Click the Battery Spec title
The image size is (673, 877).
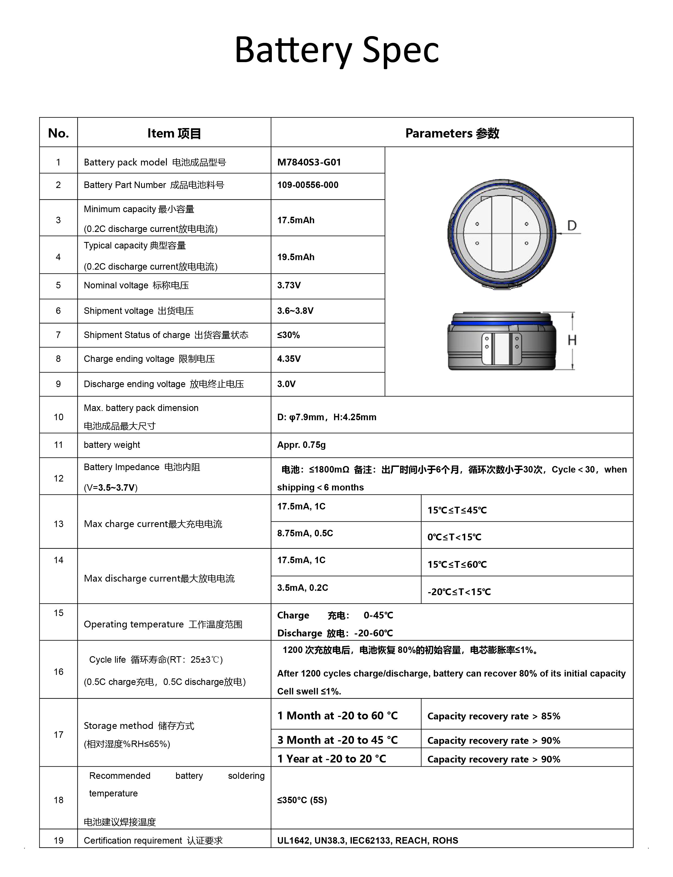point(336,50)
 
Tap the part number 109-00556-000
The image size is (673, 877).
point(308,185)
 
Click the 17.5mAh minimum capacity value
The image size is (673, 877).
point(296,220)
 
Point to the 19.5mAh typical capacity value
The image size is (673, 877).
point(296,257)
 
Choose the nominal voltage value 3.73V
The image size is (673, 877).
point(289,285)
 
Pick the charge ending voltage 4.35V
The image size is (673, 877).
point(289,359)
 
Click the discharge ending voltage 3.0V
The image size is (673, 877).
point(286,384)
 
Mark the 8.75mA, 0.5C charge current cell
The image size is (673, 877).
point(305,533)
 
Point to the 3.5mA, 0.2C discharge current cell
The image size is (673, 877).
point(302,588)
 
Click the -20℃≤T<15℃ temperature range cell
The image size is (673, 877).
point(459,592)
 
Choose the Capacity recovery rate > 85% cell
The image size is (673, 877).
point(493,716)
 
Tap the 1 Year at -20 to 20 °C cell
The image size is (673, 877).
point(332,759)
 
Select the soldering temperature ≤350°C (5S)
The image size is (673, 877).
point(302,800)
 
